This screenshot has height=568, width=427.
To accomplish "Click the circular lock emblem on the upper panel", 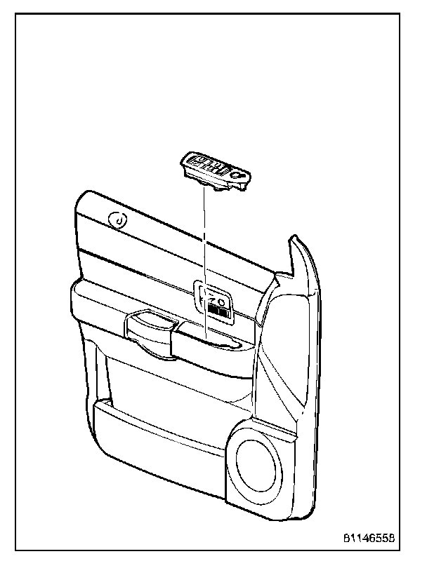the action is coord(119,221).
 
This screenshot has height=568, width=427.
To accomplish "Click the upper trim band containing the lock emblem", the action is coord(169,231).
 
